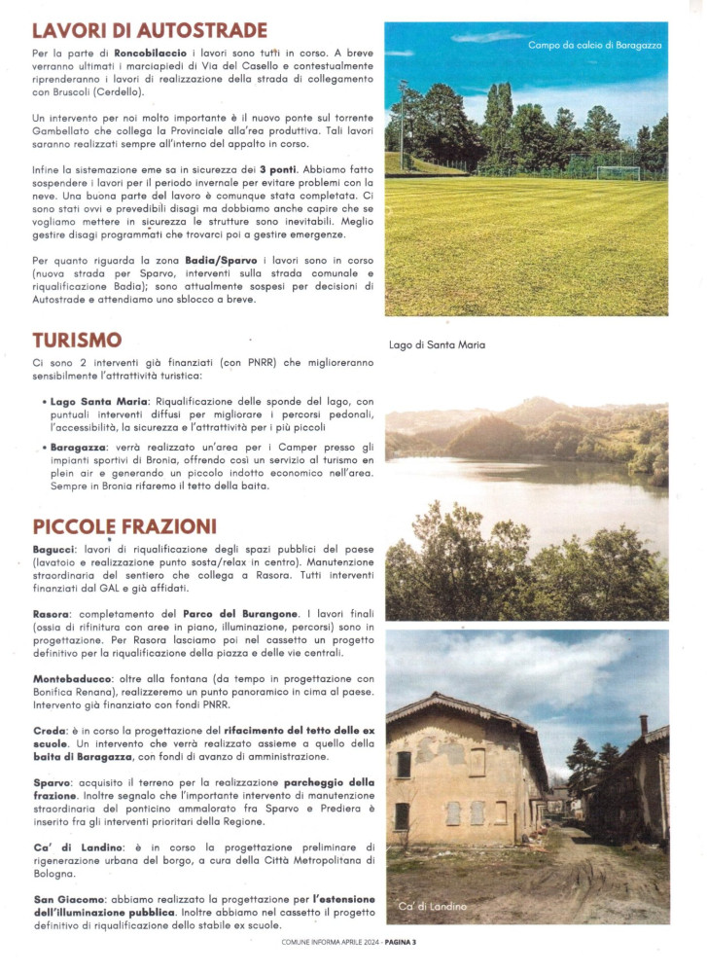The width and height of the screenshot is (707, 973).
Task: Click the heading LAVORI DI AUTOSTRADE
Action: click(x=149, y=30)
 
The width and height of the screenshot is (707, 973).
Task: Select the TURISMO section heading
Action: click(x=77, y=340)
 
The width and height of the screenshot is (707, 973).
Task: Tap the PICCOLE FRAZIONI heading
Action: click(x=124, y=526)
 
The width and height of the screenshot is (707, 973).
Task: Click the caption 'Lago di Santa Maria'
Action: click(x=437, y=344)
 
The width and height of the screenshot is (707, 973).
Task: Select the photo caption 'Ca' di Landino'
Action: click(x=432, y=906)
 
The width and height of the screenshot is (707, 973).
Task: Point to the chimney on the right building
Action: click(x=643, y=725)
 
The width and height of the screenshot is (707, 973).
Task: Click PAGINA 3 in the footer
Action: click(x=400, y=942)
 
